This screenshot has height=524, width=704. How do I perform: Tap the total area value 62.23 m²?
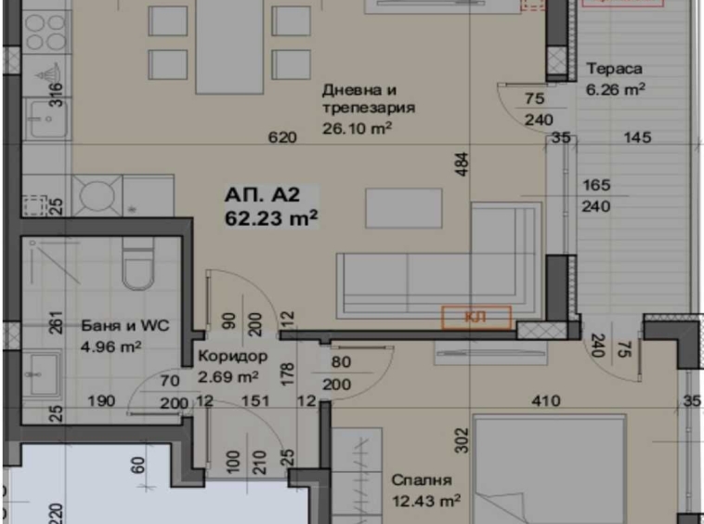coord(271,218)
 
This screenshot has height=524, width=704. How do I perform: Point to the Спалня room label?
coord(421,481)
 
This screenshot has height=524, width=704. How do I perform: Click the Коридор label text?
coord(233,357)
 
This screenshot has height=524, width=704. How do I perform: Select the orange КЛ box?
coord(476,318)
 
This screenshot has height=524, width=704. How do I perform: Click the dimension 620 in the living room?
coord(281,138)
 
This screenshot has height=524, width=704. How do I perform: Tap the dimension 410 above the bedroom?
coord(545,402)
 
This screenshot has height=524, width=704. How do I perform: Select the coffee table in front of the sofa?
coord(403,208)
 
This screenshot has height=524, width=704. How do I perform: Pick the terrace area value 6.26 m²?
coord(616,90)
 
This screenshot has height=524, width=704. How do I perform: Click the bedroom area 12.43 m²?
coord(426,502)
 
